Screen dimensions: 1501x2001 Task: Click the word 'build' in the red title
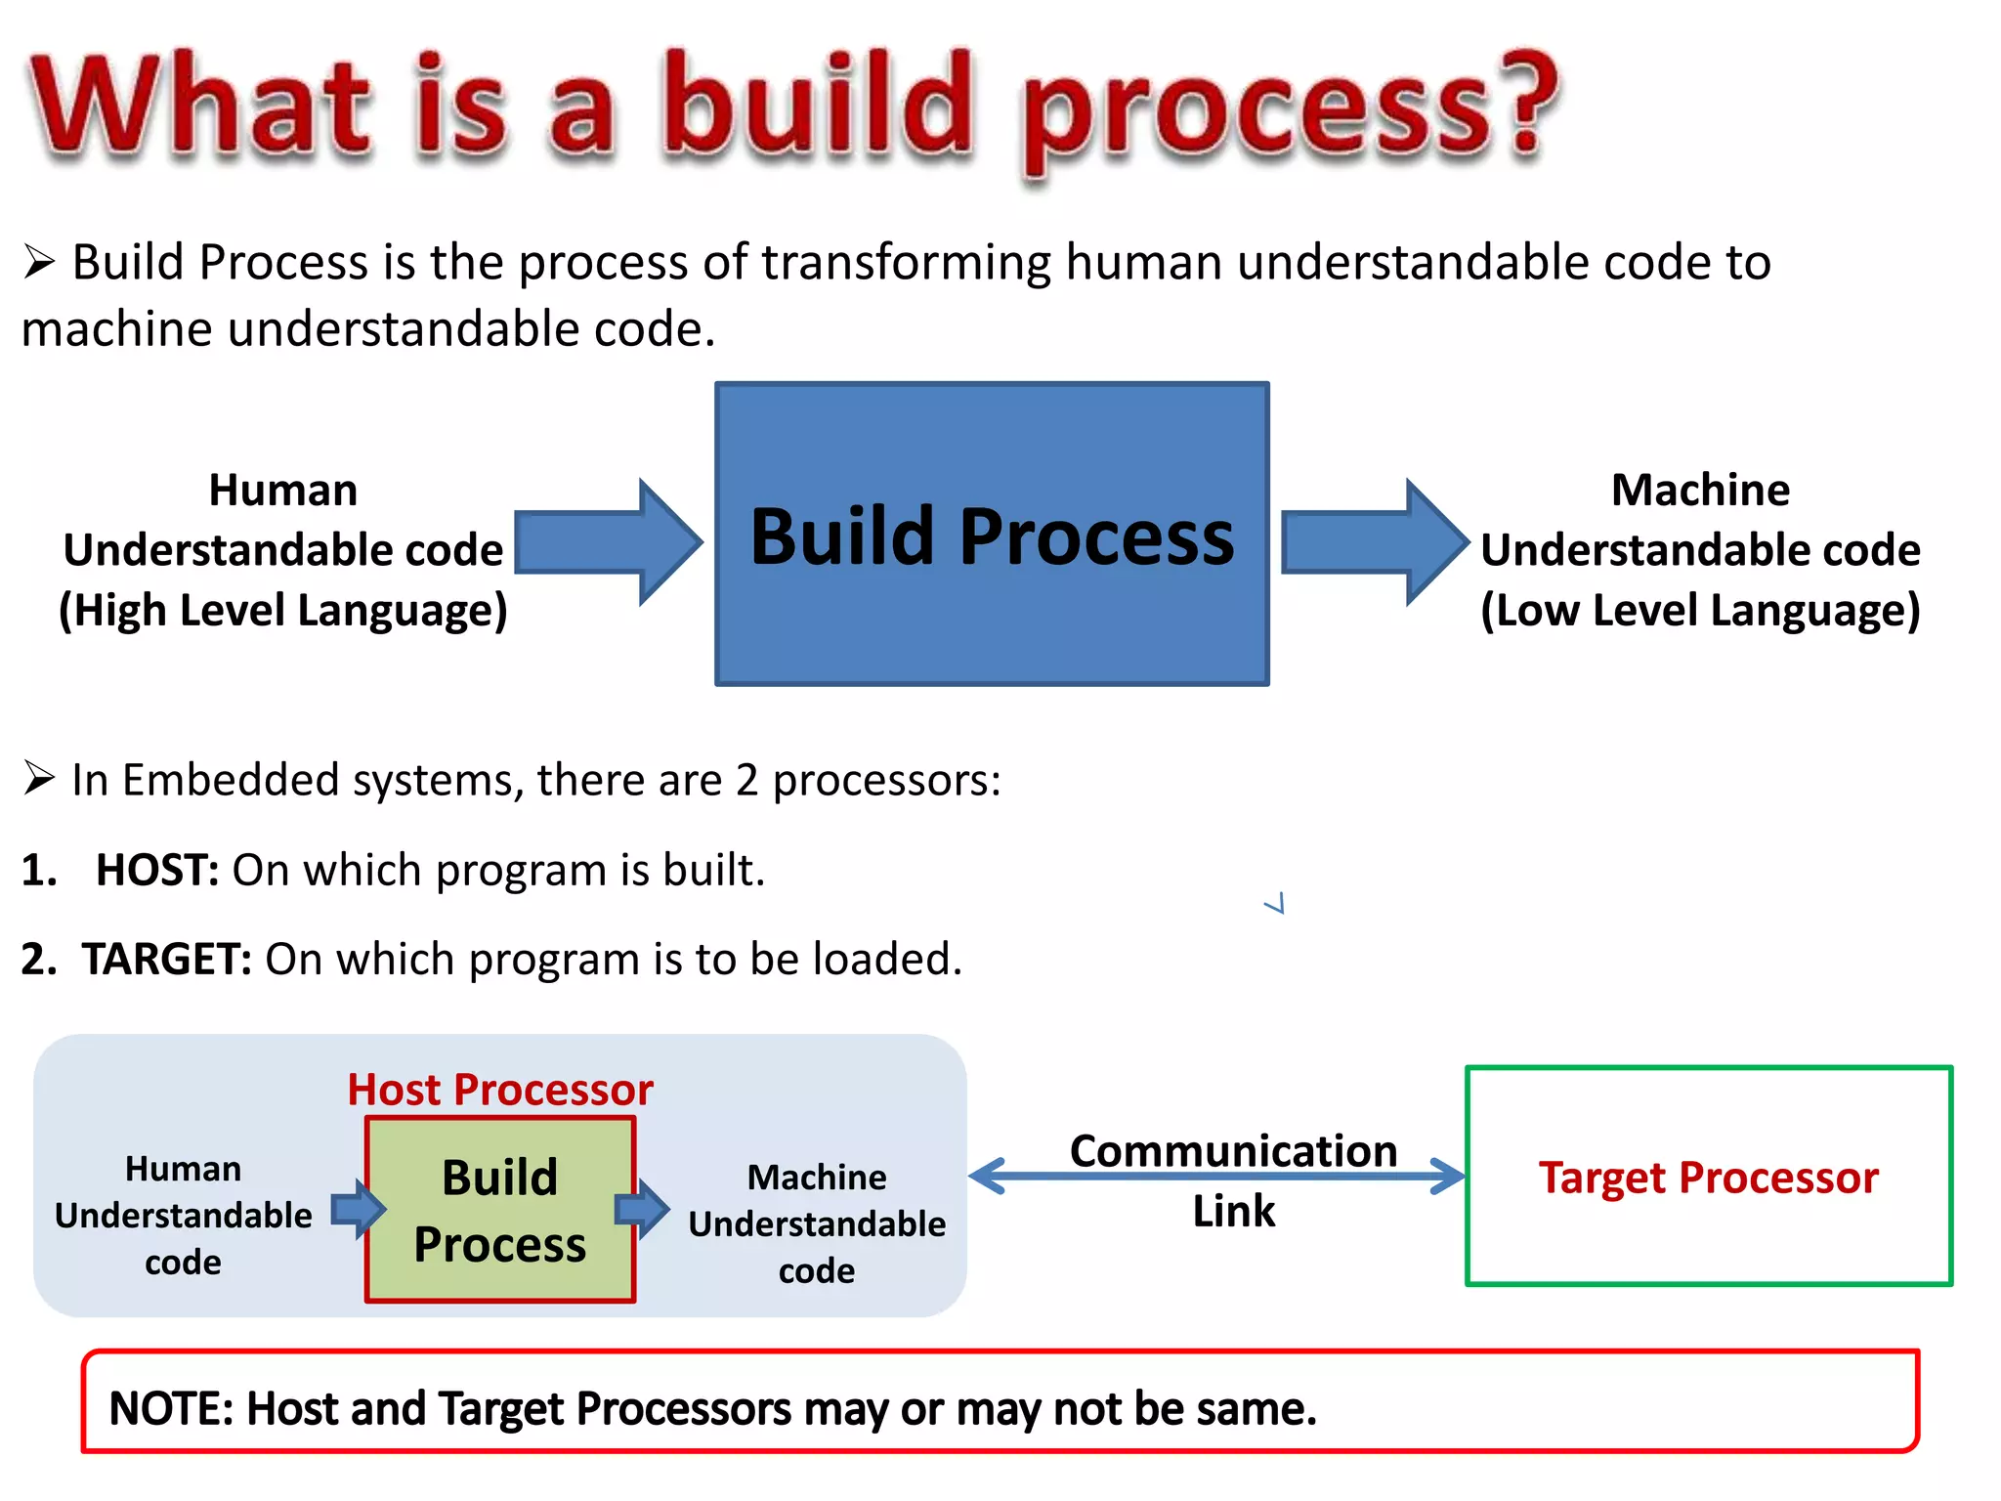click(819, 106)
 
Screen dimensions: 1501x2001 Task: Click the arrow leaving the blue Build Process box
click(1374, 542)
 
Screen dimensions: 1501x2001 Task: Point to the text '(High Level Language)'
click(283, 611)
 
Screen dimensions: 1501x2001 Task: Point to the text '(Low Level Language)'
click(1700, 611)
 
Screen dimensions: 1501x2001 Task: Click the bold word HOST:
click(156, 870)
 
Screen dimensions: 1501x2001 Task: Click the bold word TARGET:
click(167, 960)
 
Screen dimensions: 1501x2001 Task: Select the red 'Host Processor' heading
click(500, 1090)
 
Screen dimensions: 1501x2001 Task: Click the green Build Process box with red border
click(500, 1210)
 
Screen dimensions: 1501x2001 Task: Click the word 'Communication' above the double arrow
click(1233, 1150)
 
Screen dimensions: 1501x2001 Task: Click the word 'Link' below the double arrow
click(1233, 1212)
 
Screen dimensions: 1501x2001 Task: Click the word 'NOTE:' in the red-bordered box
click(171, 1409)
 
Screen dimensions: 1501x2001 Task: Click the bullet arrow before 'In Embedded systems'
click(39, 779)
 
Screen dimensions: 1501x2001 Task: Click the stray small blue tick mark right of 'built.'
click(1276, 904)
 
